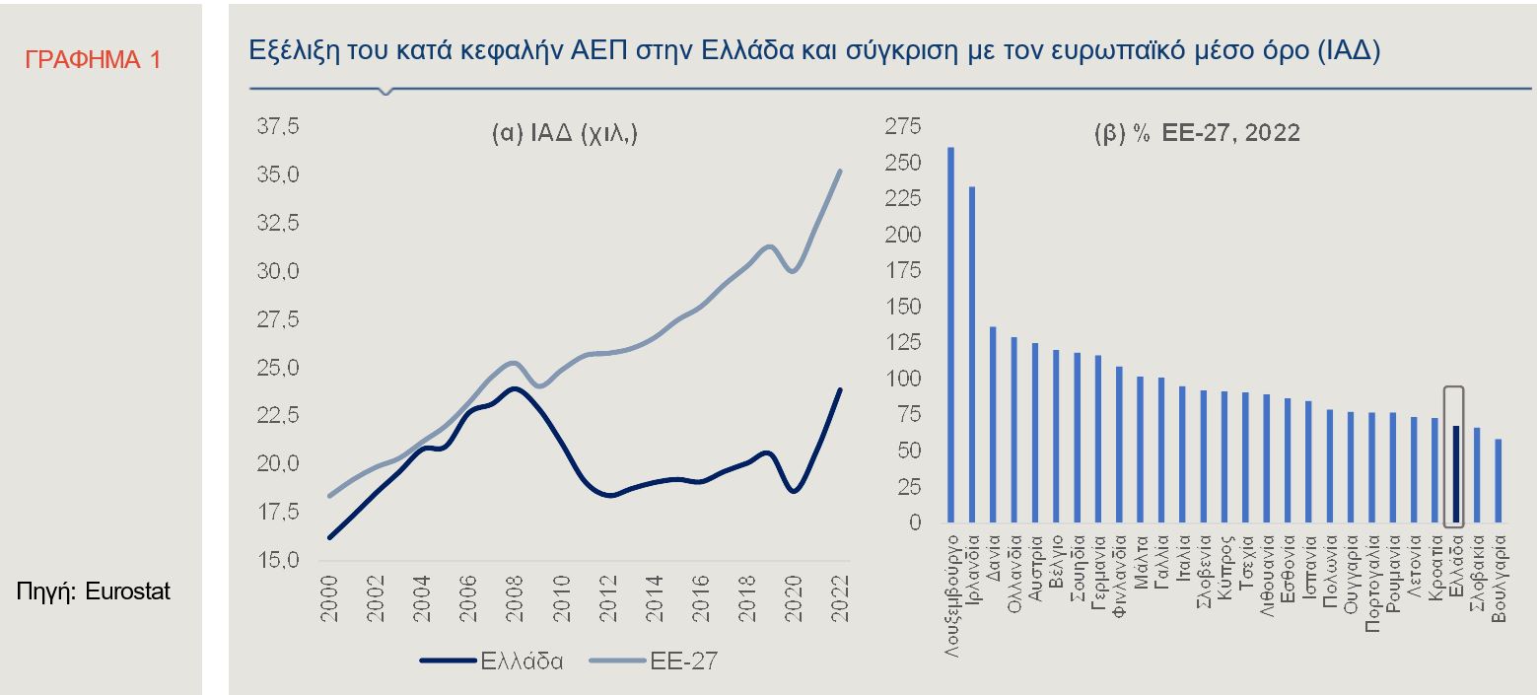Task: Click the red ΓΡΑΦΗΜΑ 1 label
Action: [93, 59]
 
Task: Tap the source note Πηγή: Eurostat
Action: [94, 591]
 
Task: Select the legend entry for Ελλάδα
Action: [493, 660]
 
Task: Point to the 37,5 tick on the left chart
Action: [278, 127]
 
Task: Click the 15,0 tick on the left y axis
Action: [278, 561]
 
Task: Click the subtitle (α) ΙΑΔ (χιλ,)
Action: [565, 135]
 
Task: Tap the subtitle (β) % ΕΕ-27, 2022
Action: [1197, 133]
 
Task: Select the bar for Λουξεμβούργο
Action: [950, 335]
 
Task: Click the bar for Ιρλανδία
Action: [972, 355]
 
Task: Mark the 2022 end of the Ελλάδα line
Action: [840, 389]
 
